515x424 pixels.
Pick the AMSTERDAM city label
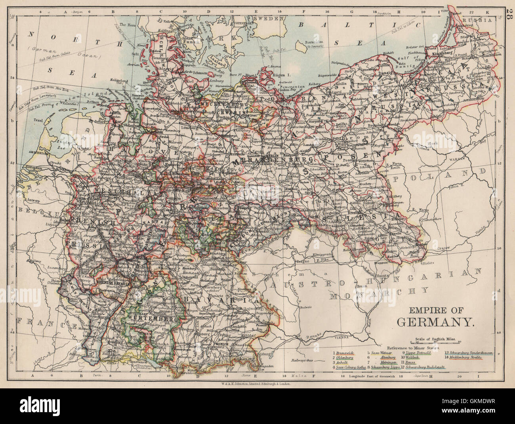click(x=37, y=152)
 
